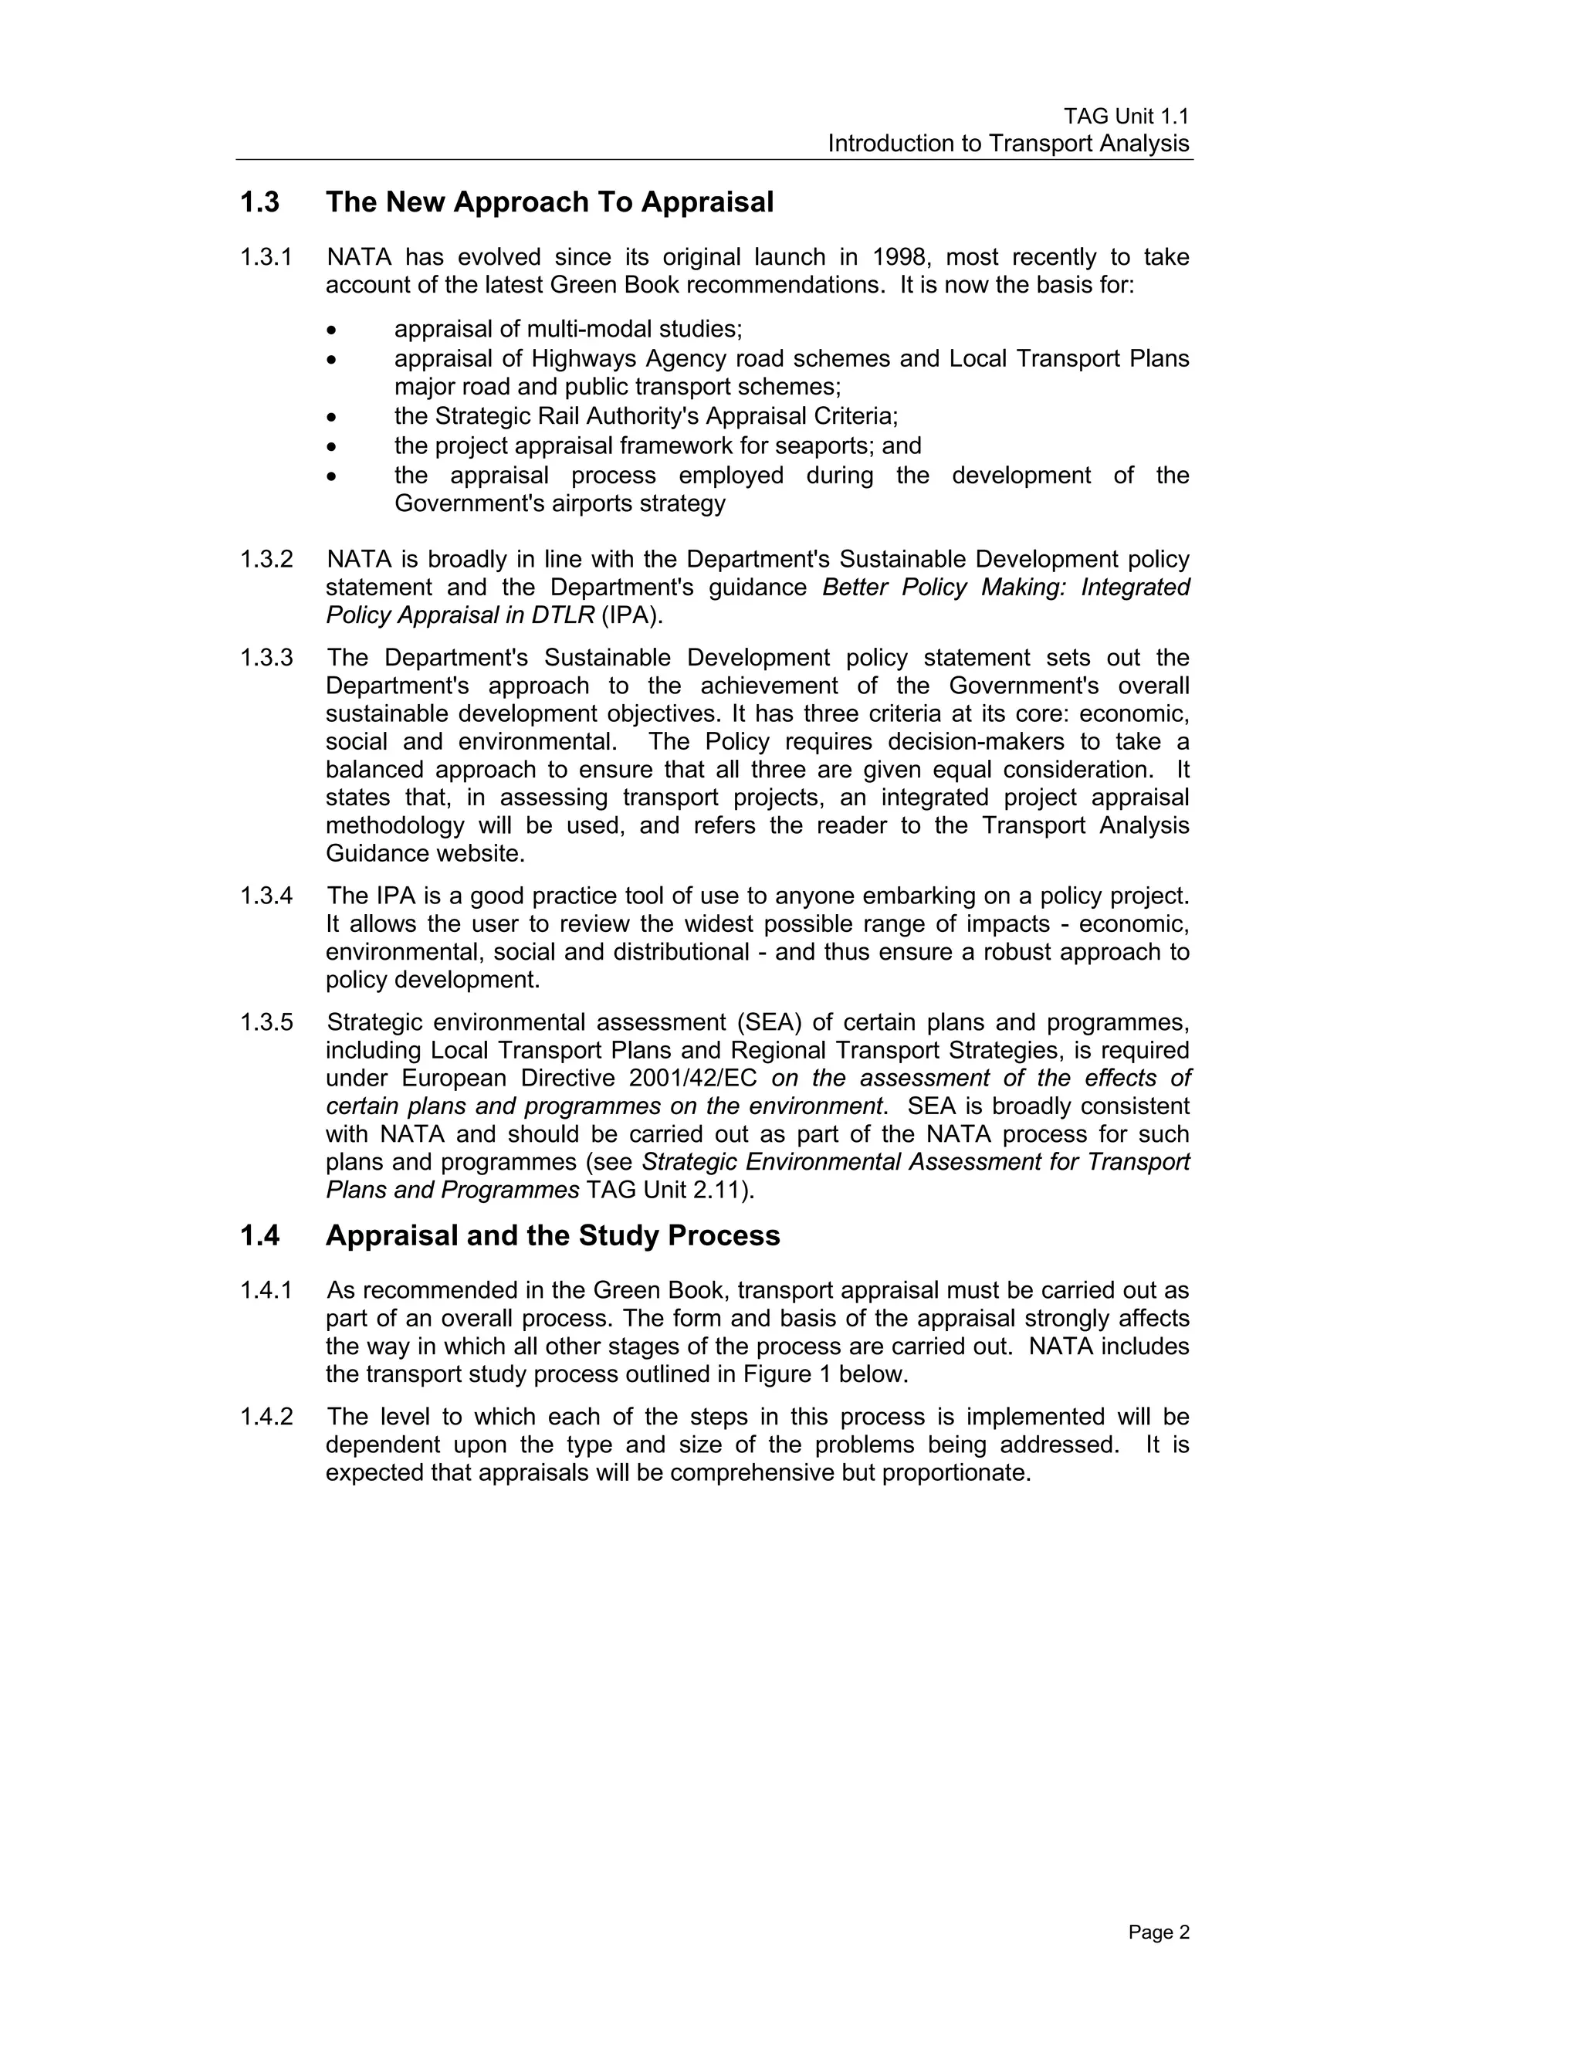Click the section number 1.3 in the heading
tap(259, 202)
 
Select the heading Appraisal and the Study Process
tap(552, 1235)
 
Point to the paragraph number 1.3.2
tap(266, 559)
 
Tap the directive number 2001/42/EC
tap(693, 1079)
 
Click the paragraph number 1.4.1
tap(266, 1291)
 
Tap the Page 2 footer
tap(1158, 1932)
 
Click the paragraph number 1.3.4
tap(266, 896)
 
